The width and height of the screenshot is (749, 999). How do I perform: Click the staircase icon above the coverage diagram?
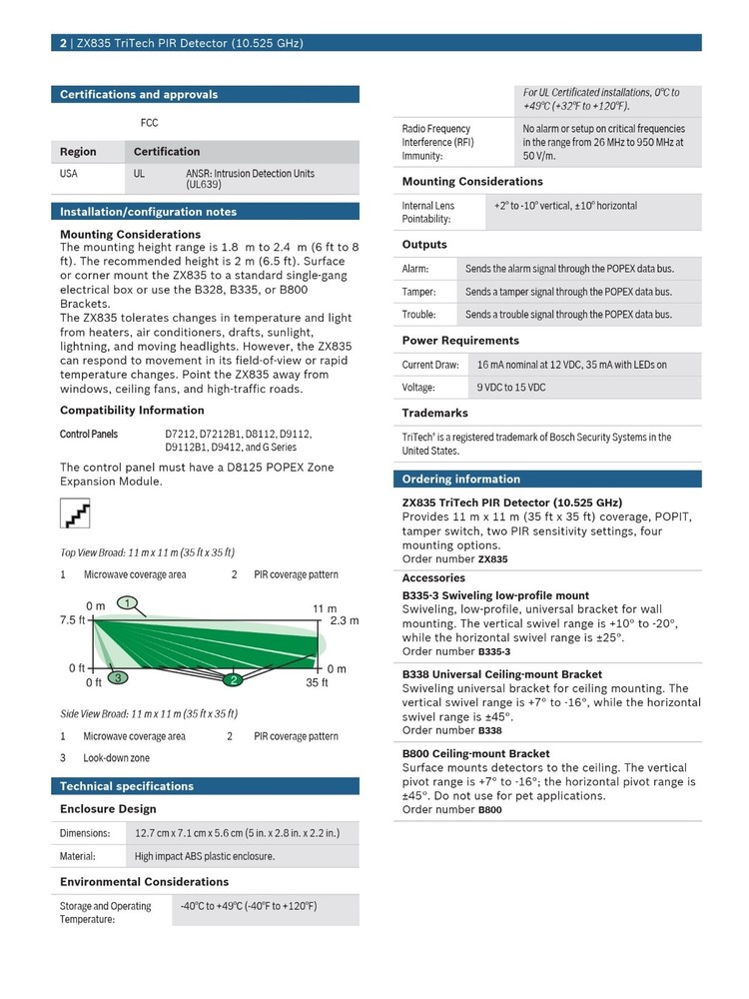coord(76,514)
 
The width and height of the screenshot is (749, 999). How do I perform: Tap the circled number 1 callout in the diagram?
coord(127,602)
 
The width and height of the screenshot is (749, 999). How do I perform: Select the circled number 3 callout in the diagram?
coord(118,677)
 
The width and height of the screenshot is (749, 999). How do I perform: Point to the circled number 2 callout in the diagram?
coord(233,680)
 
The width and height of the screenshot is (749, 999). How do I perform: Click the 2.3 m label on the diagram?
coord(344,620)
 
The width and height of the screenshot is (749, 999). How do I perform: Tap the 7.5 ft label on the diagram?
coord(73,620)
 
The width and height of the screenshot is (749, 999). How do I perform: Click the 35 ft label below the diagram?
coord(317,683)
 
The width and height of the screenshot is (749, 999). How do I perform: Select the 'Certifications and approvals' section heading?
coord(139,95)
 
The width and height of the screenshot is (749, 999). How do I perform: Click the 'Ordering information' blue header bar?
coord(460,480)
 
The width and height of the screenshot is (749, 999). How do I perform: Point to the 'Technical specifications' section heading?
coord(127,786)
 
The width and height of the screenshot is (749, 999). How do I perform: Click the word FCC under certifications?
coord(149,123)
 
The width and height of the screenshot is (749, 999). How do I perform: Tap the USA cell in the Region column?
coord(69,174)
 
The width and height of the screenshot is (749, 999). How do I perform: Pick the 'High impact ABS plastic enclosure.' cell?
coord(205,856)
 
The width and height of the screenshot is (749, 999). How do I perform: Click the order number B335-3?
coord(493,651)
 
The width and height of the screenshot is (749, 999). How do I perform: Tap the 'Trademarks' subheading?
coord(434,413)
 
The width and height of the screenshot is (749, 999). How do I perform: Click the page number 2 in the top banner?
coord(63,43)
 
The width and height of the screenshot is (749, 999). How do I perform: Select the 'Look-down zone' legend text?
coord(116,758)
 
